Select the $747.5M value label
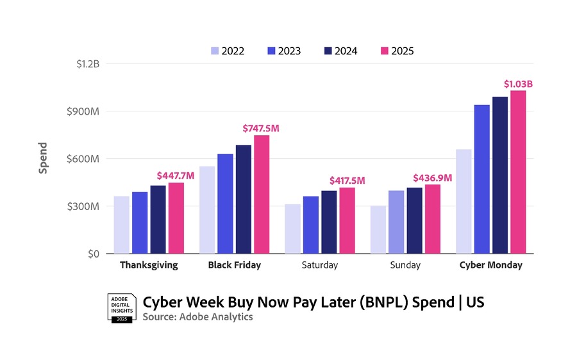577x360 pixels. tap(261, 128)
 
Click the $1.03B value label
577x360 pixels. tap(518, 84)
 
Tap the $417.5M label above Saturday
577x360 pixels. tap(347, 181)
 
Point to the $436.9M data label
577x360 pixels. tap(433, 177)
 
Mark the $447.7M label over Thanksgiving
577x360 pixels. tap(176, 176)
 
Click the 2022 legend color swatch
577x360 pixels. tap(214, 51)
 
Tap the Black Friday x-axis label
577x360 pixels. tap(235, 265)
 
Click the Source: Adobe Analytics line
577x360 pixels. tap(197, 317)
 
